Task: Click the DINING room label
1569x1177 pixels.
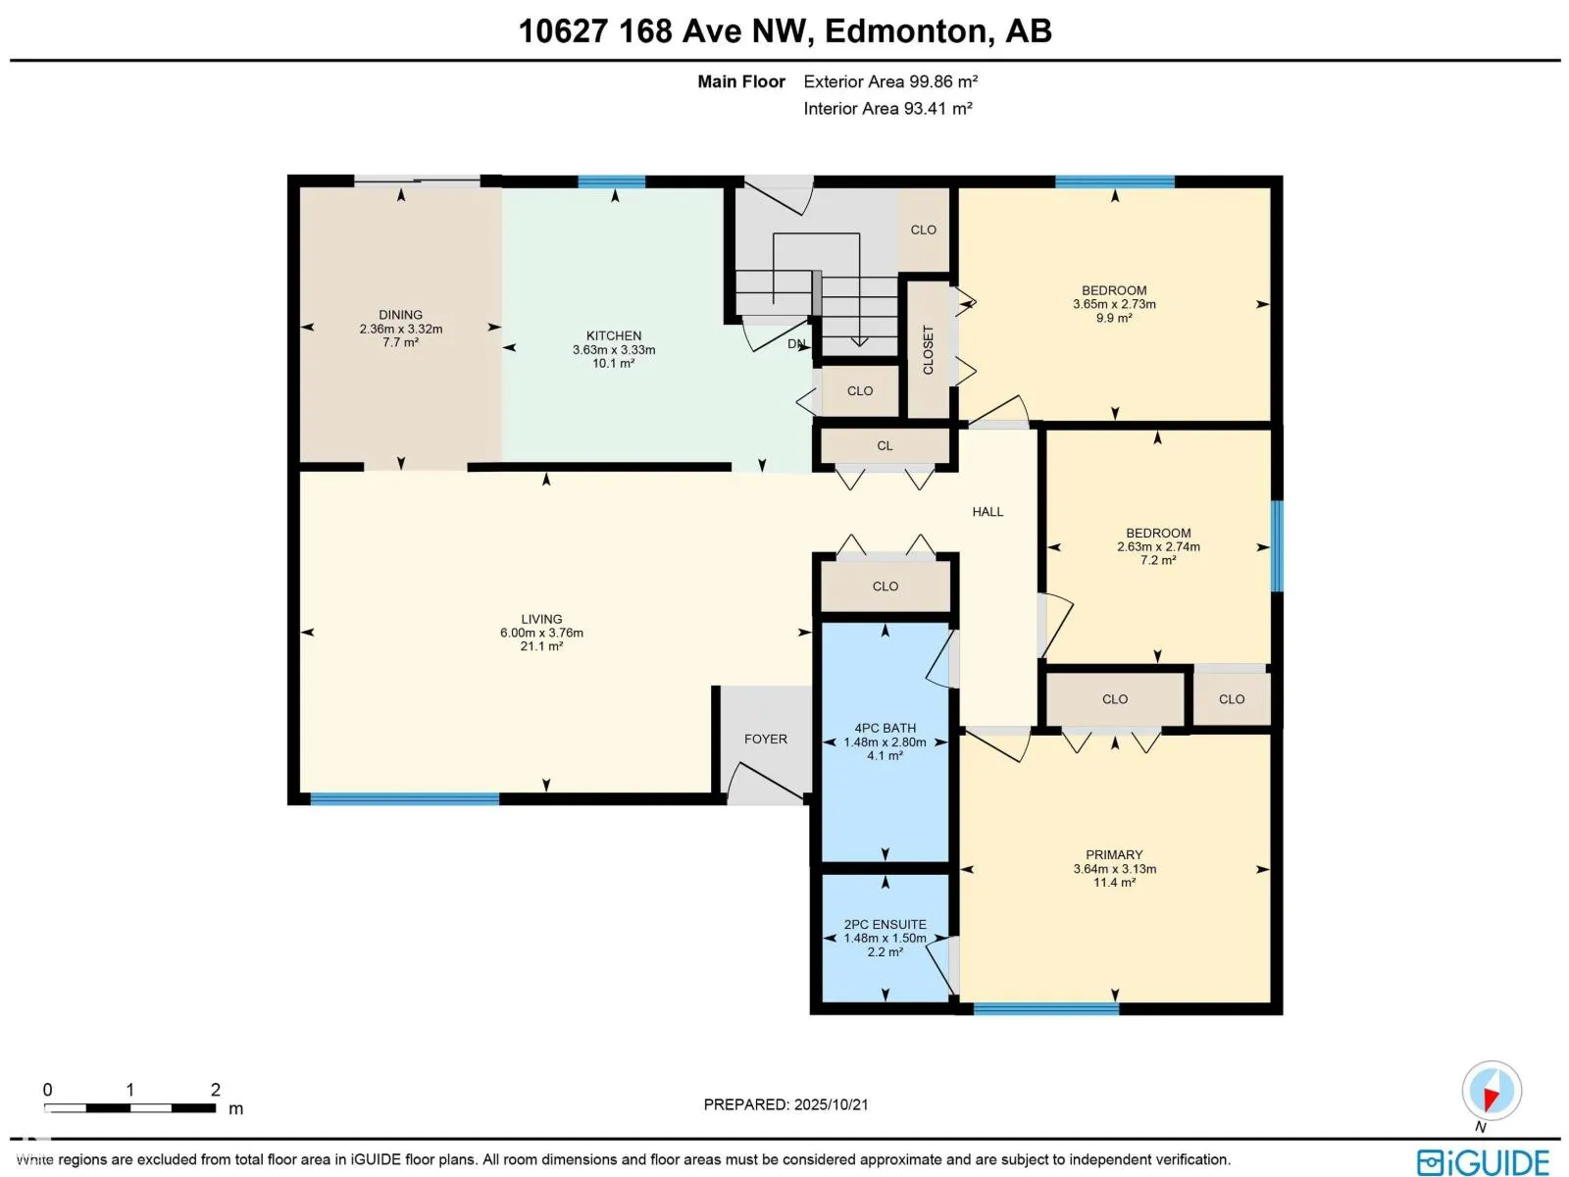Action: pyautogui.click(x=400, y=315)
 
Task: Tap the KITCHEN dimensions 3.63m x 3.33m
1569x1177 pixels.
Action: pyautogui.click(x=614, y=350)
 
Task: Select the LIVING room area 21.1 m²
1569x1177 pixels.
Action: pyautogui.click(x=541, y=646)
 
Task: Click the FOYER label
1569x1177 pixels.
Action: pyautogui.click(x=765, y=740)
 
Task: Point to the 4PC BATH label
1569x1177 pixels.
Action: pyautogui.click(x=885, y=728)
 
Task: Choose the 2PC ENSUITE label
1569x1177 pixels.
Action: pyautogui.click(x=885, y=924)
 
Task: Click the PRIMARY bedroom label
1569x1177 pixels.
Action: pyautogui.click(x=1114, y=854)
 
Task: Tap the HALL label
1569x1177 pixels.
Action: pyautogui.click(x=987, y=512)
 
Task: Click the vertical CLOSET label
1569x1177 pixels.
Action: pyautogui.click(x=928, y=350)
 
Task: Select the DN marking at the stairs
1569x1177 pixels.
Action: pyautogui.click(x=796, y=344)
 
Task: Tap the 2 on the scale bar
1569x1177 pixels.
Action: pyautogui.click(x=215, y=1090)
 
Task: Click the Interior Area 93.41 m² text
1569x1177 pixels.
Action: pyautogui.click(x=887, y=109)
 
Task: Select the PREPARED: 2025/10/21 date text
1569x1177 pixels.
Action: pyautogui.click(x=785, y=1104)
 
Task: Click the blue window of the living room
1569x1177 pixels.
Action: pyautogui.click(x=404, y=799)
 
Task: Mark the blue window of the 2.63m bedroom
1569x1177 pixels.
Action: pyautogui.click(x=1277, y=546)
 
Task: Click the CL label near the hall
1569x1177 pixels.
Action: pyautogui.click(x=885, y=446)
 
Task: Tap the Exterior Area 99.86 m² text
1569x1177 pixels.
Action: pyautogui.click(x=890, y=82)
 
